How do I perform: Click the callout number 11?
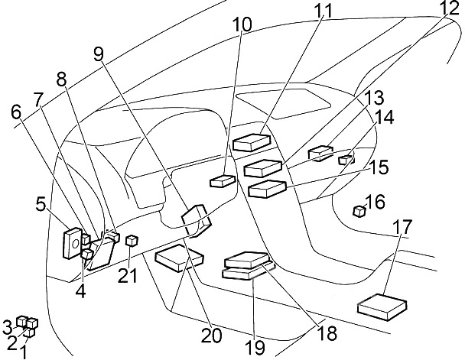(x=323, y=11)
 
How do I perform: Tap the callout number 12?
(x=449, y=8)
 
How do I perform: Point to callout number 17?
(x=403, y=226)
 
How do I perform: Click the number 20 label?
(x=211, y=336)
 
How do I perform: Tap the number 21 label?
(x=128, y=276)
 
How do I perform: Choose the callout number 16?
(x=376, y=202)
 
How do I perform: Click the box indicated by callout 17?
(x=382, y=307)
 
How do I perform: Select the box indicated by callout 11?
(x=252, y=142)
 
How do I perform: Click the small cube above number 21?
(x=131, y=240)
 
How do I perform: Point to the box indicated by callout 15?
(x=267, y=189)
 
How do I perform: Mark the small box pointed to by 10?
(x=223, y=181)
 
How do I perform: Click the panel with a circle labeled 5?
(x=73, y=243)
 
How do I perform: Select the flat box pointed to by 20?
(x=180, y=258)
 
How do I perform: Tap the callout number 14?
(x=384, y=118)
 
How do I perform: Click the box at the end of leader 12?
(x=263, y=168)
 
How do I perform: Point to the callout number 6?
(x=17, y=112)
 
